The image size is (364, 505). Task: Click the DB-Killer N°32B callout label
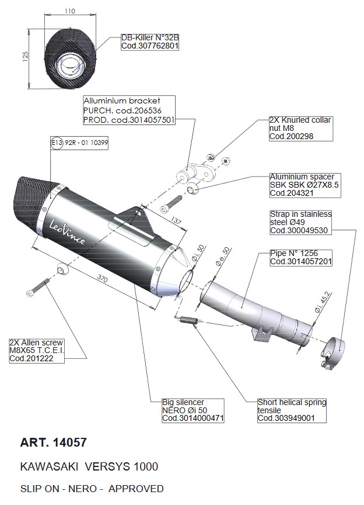[149, 41]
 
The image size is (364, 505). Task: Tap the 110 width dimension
[71, 11]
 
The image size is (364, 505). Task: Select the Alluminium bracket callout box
[129, 109]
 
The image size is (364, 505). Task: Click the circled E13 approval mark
[56, 142]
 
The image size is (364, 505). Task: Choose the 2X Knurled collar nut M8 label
[300, 128]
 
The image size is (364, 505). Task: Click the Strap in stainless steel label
[300, 223]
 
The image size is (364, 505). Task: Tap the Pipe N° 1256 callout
[301, 258]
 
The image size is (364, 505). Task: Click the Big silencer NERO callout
[192, 410]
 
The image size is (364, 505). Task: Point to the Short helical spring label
[292, 410]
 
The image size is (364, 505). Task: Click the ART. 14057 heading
[53, 442]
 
